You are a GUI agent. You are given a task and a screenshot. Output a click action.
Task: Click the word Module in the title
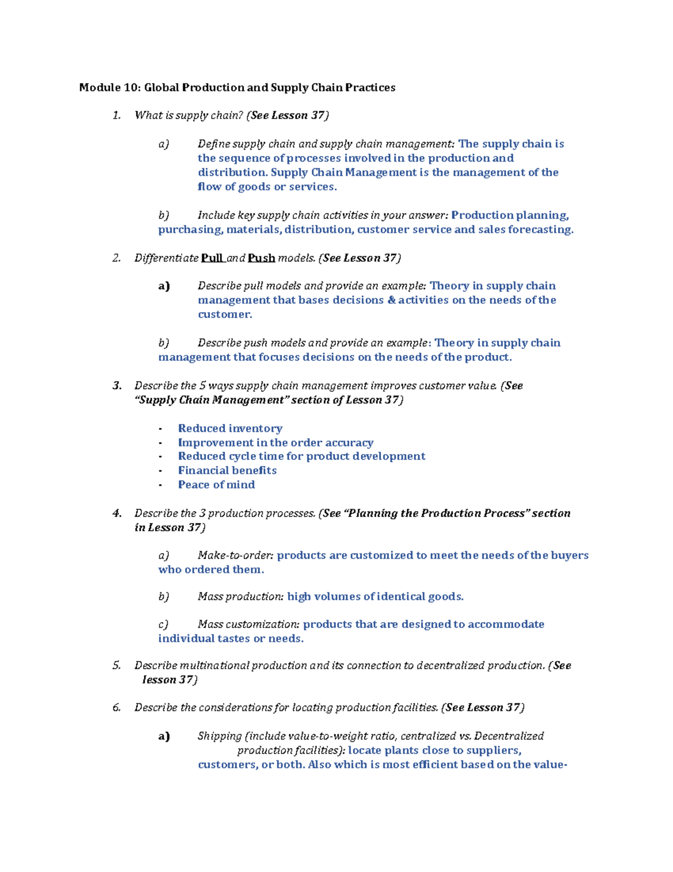tap(99, 88)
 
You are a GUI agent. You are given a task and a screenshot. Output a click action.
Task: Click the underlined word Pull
tap(212, 258)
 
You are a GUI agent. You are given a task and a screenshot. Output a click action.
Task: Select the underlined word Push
tap(261, 258)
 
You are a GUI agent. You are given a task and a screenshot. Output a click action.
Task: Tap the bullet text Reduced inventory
tap(230, 428)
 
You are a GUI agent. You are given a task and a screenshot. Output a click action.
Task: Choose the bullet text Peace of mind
tap(216, 485)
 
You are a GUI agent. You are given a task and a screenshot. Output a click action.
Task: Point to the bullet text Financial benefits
tap(227, 471)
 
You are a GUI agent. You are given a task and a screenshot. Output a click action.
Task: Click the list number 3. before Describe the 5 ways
tap(117, 386)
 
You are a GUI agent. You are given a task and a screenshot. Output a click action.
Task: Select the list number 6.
tap(117, 707)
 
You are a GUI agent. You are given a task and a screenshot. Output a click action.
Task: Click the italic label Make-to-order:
tap(236, 555)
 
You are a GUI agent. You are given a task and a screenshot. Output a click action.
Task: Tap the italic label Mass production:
tap(241, 596)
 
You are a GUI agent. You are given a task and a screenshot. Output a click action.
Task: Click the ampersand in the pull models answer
tap(391, 300)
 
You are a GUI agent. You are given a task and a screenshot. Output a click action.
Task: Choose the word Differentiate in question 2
tap(166, 258)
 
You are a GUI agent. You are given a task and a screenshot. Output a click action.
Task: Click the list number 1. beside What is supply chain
tap(117, 116)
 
